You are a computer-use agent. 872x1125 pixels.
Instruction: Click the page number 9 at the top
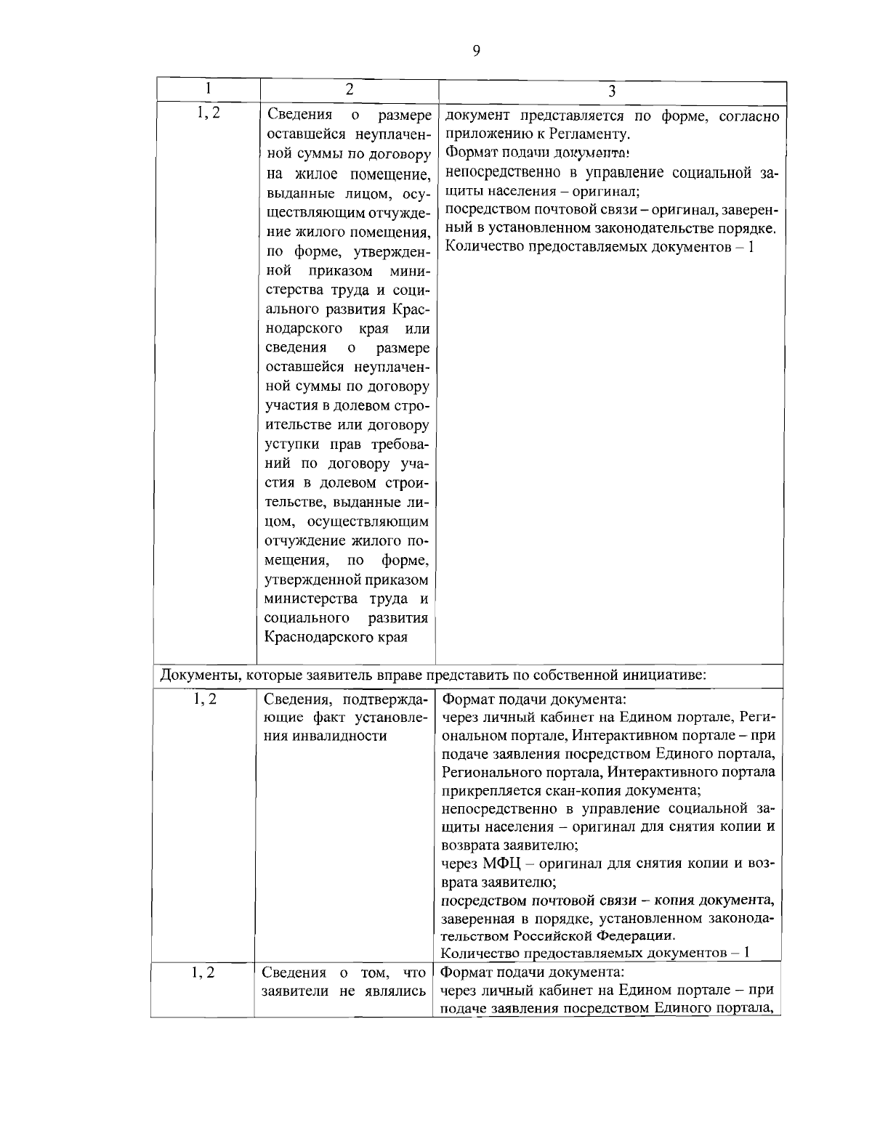pyautogui.click(x=476, y=50)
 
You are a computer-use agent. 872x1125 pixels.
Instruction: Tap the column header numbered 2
pyautogui.click(x=350, y=89)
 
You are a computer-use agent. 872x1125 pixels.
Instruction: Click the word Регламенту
pyautogui.click(x=593, y=134)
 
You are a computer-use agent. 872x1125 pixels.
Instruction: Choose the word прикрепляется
pyautogui.click(x=485, y=789)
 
